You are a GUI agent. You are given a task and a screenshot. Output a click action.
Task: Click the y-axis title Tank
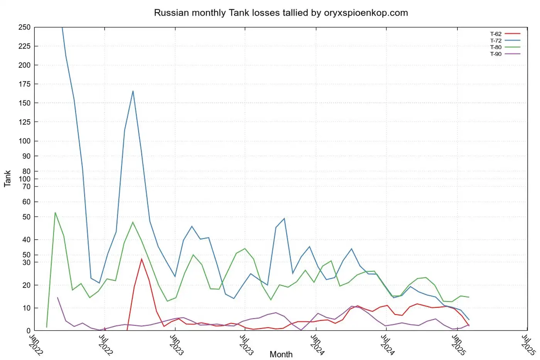click(7, 179)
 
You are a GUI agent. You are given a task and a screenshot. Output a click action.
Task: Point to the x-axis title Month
click(281, 354)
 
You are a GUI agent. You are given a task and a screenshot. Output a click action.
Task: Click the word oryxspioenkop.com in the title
click(366, 13)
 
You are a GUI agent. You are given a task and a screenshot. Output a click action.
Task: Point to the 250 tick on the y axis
click(24, 27)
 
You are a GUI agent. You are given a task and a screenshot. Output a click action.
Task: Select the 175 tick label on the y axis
click(24, 84)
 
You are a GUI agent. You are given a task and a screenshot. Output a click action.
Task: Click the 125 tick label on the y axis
click(24, 122)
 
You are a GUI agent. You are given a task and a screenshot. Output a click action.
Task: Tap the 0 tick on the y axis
click(28, 331)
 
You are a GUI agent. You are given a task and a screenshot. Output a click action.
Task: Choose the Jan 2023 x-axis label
click(177, 345)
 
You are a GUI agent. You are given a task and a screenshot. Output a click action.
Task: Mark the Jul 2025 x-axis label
click(528, 345)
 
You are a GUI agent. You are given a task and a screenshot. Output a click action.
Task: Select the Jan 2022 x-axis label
click(36, 345)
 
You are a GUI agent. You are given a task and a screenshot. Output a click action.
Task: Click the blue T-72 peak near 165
click(133, 91)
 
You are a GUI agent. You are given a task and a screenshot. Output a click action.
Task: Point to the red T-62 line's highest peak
click(142, 259)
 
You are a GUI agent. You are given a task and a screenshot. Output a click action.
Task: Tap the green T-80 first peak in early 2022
click(55, 213)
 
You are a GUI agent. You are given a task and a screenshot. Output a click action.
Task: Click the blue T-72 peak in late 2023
click(284, 218)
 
